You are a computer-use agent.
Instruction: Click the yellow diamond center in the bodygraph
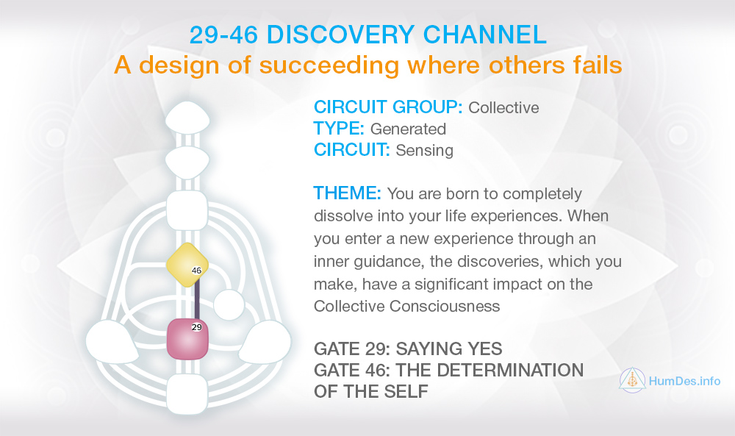(x=187, y=265)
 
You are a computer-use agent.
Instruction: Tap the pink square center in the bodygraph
(x=187, y=338)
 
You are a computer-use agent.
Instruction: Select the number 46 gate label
(x=196, y=271)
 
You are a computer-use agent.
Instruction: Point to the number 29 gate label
(x=197, y=327)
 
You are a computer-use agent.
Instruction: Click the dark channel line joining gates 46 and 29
(x=197, y=299)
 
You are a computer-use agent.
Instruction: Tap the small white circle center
(x=229, y=305)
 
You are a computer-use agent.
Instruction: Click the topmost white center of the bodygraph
(x=187, y=117)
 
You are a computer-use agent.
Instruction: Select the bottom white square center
(x=187, y=394)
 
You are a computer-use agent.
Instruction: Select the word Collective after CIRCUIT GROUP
(x=503, y=108)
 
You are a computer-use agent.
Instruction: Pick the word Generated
(x=408, y=129)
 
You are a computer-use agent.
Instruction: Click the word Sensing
(x=424, y=151)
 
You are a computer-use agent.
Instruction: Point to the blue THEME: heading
(x=348, y=193)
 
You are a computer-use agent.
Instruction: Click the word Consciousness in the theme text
(x=445, y=306)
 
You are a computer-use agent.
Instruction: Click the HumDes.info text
(x=684, y=381)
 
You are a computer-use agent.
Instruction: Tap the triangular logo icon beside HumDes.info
(x=632, y=379)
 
